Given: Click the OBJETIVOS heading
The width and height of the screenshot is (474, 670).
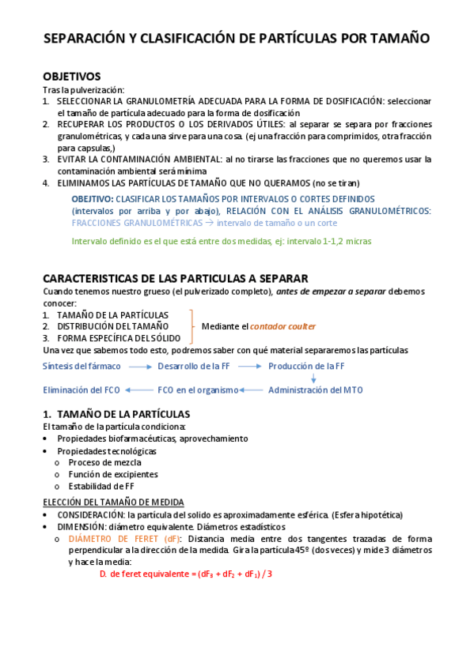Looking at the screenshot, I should click(x=71, y=77).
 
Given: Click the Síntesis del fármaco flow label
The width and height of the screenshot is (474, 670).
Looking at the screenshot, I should click(x=82, y=367).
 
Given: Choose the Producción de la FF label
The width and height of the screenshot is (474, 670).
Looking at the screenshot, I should click(x=305, y=367).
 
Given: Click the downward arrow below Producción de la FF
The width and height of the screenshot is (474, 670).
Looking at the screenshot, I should click(x=313, y=378).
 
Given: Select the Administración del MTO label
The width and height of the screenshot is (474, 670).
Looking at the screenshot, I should click(x=316, y=390).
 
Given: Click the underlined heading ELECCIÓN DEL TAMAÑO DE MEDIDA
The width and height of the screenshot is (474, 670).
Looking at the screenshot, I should click(x=113, y=502).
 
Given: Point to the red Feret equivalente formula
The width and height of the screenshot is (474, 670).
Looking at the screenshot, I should click(x=186, y=574).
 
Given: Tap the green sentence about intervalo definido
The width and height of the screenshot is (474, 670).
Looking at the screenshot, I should click(x=222, y=241).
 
